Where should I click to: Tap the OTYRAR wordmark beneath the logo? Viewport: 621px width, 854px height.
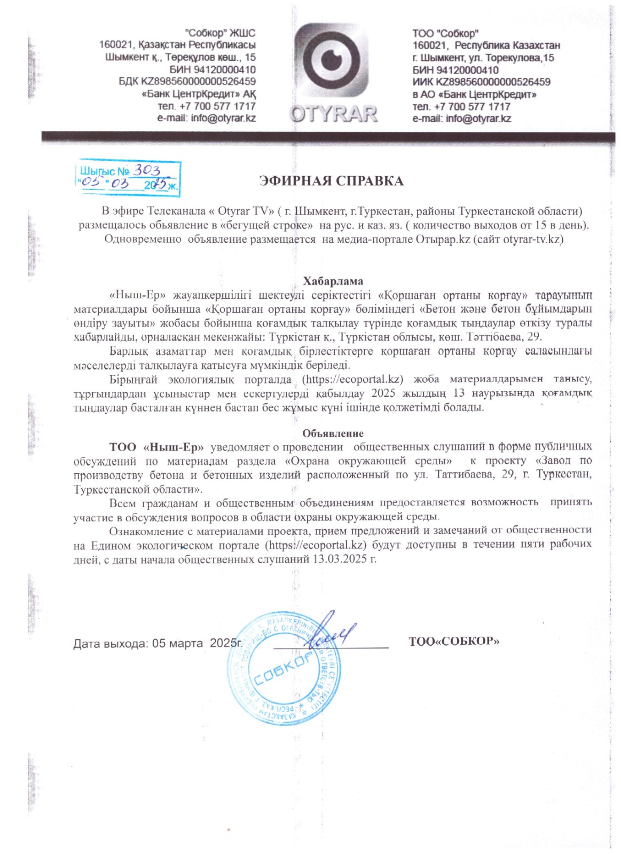(x=334, y=113)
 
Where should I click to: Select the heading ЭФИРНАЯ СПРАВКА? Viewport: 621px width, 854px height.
(x=331, y=181)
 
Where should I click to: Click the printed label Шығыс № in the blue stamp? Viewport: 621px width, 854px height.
(x=105, y=171)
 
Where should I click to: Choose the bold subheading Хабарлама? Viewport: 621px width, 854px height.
(x=333, y=281)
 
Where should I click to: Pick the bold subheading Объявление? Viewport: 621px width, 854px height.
(x=333, y=433)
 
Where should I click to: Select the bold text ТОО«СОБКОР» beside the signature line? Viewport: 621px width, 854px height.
(x=454, y=641)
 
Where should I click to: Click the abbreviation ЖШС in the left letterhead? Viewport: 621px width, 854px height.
(x=242, y=33)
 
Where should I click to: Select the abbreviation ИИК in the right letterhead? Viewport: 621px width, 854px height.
(x=423, y=82)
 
